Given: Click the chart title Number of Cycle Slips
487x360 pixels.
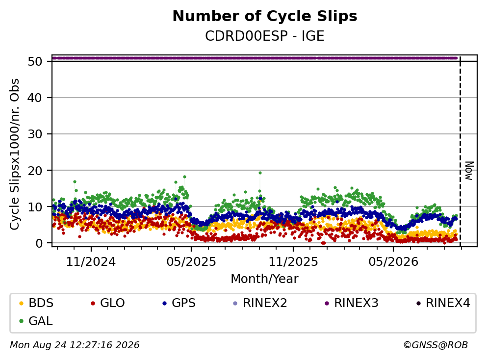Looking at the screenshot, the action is coord(265,16).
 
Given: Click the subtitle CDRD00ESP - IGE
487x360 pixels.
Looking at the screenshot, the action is coord(265,36).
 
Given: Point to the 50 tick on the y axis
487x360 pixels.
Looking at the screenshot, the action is coord(35,61).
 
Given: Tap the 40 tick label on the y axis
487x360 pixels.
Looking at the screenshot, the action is coord(35,98).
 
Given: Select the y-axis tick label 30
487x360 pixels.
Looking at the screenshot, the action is coord(35,134).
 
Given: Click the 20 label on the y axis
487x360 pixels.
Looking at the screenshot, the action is coord(35,171).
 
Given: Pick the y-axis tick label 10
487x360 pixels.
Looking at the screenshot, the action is coord(35,207).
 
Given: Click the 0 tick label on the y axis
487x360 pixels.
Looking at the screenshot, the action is coord(39,243).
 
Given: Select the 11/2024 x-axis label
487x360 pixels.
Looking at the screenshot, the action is coord(91,262).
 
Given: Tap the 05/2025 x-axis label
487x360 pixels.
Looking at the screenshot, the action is coord(191,262).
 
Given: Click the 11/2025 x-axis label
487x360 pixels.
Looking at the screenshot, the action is coord(293,262).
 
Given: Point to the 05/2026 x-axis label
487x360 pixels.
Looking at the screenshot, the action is coord(393,262).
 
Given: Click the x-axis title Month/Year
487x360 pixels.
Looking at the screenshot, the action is coord(265,279).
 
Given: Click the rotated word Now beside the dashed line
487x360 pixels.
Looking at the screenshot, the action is coord(469,171).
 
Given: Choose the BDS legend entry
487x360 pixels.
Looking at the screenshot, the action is coord(36,303).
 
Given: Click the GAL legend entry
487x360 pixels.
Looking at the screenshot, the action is coord(36,321).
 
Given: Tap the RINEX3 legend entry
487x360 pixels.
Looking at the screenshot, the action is coord(352,303).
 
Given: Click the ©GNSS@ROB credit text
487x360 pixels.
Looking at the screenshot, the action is coord(436,345).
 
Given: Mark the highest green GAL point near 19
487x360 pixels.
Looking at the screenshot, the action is coord(260,173).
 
